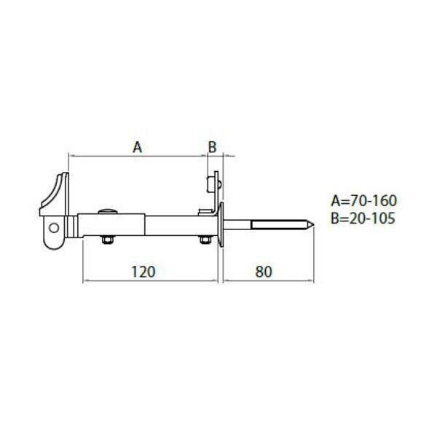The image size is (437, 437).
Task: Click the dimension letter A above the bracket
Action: pyautogui.click(x=137, y=147)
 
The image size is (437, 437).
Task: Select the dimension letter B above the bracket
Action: pyautogui.click(x=213, y=147)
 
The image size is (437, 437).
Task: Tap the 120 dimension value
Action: pyautogui.click(x=143, y=272)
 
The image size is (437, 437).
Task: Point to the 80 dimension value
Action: pyautogui.click(x=264, y=272)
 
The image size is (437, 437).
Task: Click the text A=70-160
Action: pyautogui.click(x=363, y=201)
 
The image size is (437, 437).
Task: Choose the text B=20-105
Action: pyautogui.click(x=363, y=218)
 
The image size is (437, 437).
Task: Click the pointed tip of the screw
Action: pyautogui.click(x=313, y=225)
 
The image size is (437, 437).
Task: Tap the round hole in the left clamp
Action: pyautogui.click(x=54, y=228)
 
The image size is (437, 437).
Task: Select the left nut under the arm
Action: pyautogui.click(x=107, y=240)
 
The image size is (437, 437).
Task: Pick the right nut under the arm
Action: pyautogui.click(x=205, y=240)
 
